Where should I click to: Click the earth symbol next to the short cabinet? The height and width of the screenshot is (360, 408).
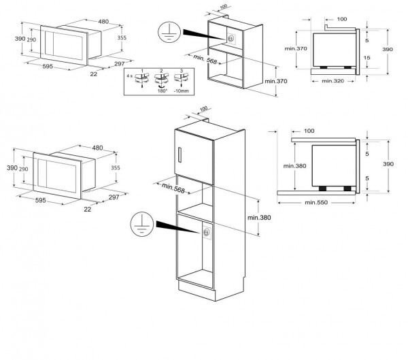tap(166, 31)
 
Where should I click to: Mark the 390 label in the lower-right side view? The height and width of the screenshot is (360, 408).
tap(388, 163)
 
